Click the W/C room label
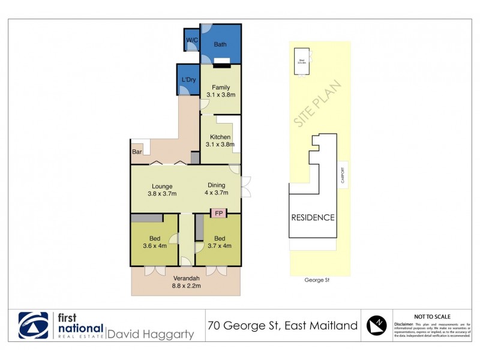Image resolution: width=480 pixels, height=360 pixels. (192, 40)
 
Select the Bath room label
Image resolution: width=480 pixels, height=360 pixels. (220, 44)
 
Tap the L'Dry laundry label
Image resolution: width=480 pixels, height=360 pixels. (188, 80)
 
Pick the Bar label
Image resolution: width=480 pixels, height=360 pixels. (137, 152)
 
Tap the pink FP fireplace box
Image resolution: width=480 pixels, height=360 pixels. (218, 213)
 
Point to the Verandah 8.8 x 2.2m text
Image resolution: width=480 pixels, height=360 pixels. (185, 282)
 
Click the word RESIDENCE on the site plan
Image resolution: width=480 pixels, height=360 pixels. (313, 217)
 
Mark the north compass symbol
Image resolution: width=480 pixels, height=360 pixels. (376, 325)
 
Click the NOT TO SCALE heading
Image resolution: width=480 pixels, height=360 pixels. (433, 316)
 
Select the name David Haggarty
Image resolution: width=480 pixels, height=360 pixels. (150, 333)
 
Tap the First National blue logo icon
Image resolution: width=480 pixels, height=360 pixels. (34, 325)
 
